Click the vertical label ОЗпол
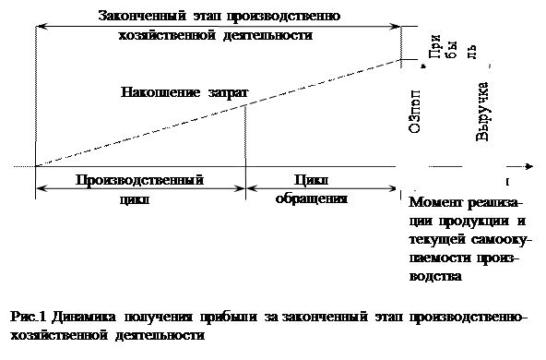(415, 114)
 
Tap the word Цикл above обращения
(311, 178)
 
